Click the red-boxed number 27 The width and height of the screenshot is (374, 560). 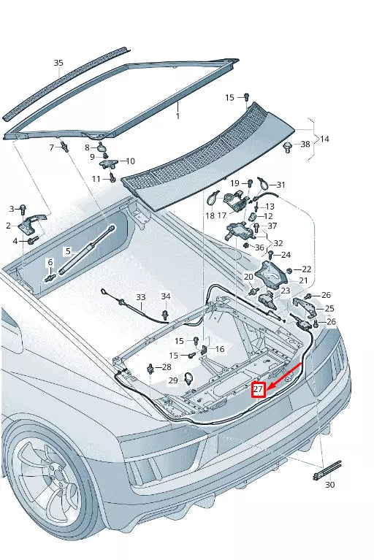click(x=258, y=390)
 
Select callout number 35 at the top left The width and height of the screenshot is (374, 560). click(x=58, y=63)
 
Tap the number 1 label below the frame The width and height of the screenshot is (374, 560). click(x=177, y=115)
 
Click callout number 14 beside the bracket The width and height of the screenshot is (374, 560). click(x=325, y=138)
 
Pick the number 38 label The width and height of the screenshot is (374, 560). click(x=305, y=145)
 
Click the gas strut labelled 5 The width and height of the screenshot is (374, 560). click(x=88, y=250)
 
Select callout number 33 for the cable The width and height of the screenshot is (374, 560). click(x=141, y=298)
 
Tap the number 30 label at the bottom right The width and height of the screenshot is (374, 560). click(x=329, y=485)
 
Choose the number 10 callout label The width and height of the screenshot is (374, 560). click(x=131, y=161)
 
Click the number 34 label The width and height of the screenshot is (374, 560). click(x=166, y=296)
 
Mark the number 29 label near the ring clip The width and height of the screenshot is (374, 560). click(x=173, y=380)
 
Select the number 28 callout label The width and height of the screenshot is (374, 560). click(x=167, y=367)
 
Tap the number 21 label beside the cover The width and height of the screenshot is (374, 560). click(x=302, y=280)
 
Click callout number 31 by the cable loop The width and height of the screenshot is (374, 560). click(x=280, y=185)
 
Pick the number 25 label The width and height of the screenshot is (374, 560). click(x=329, y=308)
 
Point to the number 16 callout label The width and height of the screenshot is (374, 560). click(x=220, y=350)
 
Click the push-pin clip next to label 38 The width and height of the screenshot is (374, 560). click(x=286, y=147)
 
